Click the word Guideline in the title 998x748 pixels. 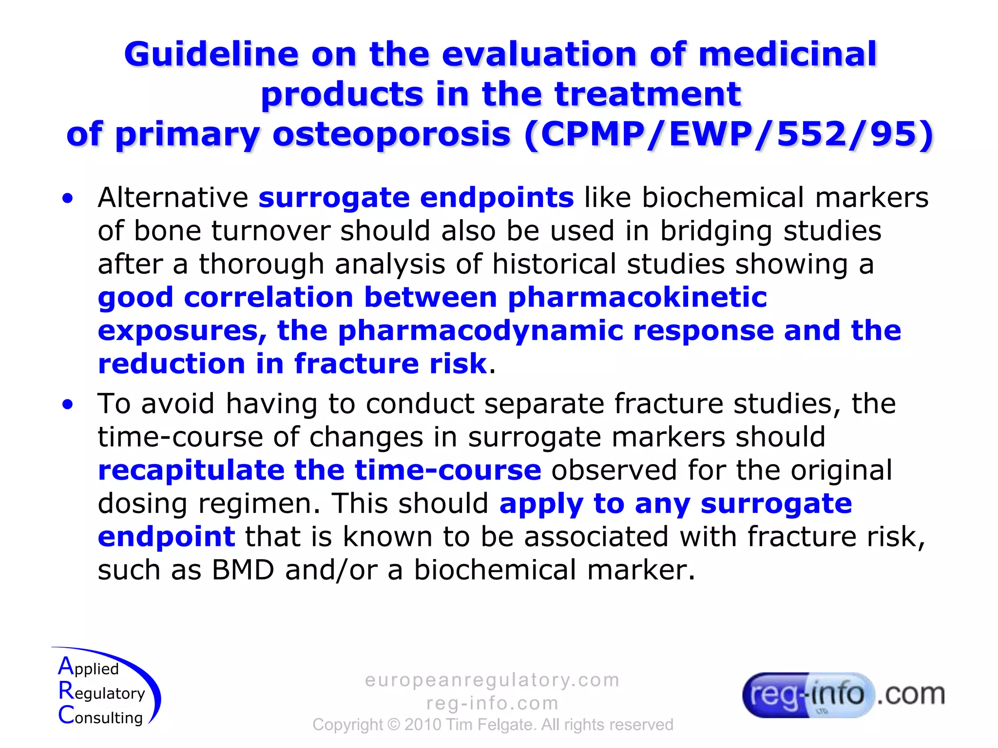tap(211, 54)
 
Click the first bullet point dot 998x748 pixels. tap(68, 198)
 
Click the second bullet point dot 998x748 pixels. tap(68, 404)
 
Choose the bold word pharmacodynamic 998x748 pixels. tap(480, 331)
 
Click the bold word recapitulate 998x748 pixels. tap(191, 470)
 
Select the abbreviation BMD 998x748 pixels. tap(243, 570)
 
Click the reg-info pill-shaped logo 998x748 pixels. tap(807, 695)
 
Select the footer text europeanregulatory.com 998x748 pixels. tap(492, 680)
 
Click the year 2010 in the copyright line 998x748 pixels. tap(423, 725)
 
